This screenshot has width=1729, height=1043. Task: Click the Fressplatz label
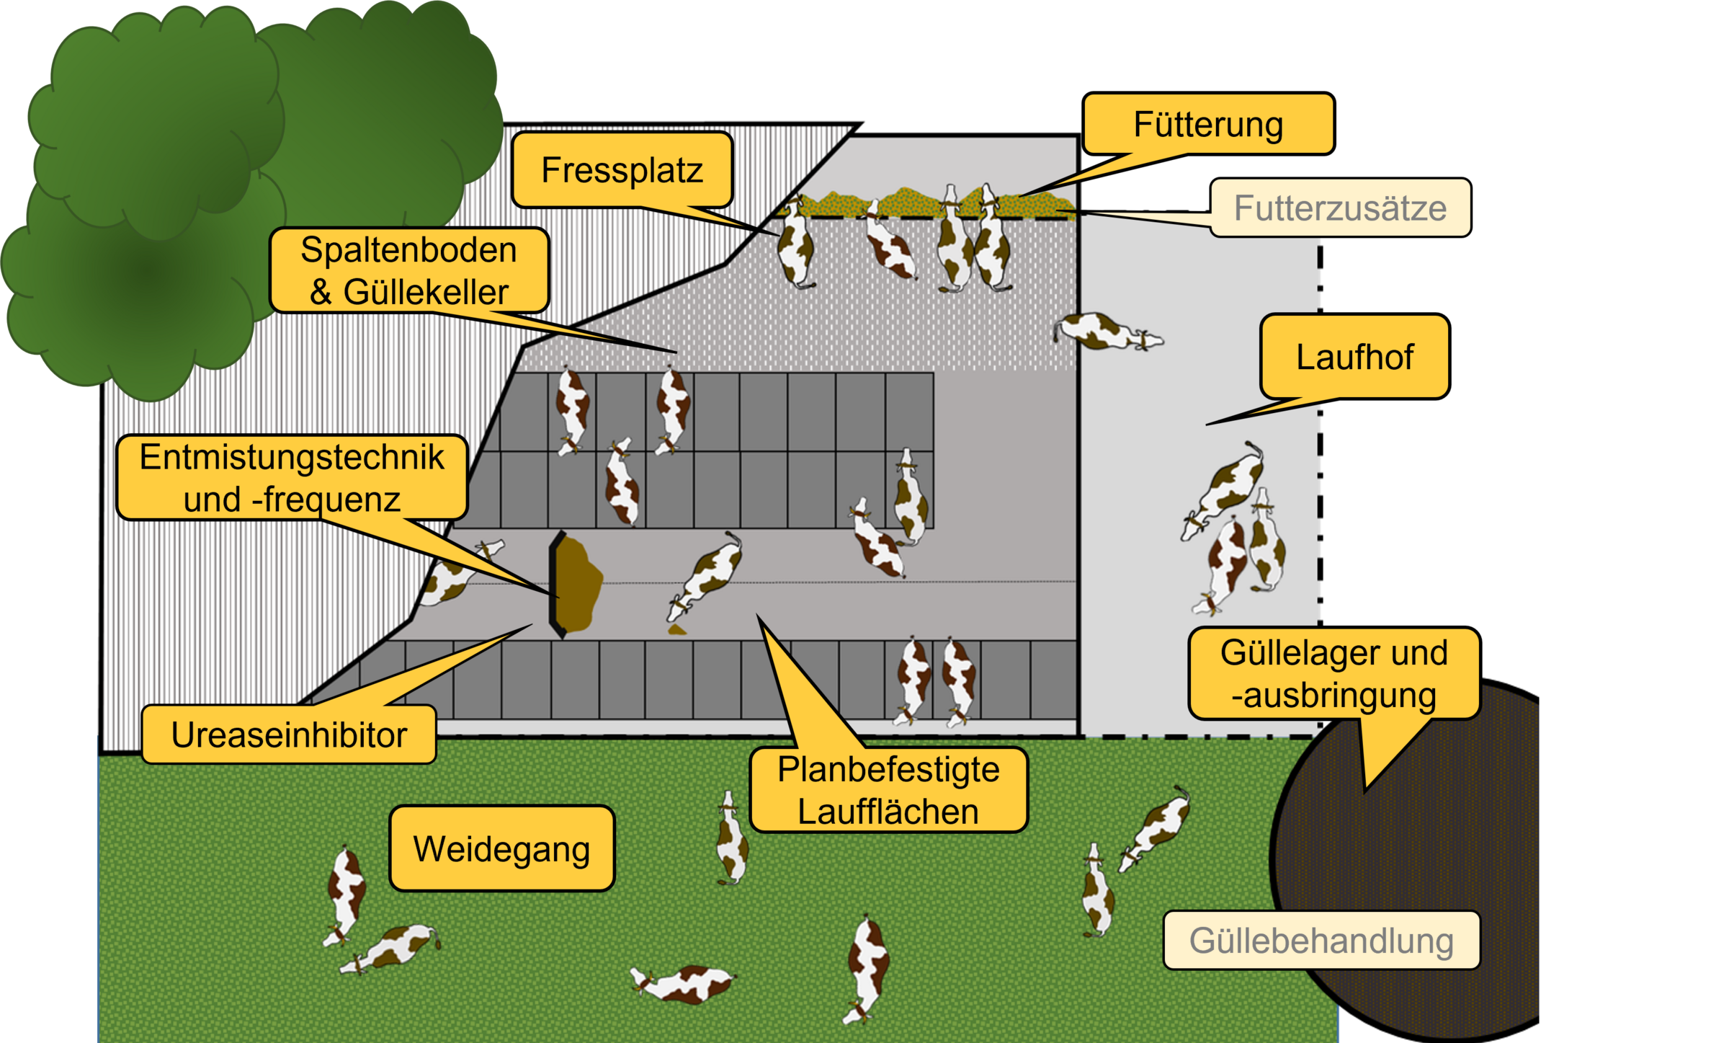(622, 170)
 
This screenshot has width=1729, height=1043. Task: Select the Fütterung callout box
(1208, 124)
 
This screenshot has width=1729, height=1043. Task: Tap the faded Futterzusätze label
(1340, 208)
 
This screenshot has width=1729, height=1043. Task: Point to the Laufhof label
(1354, 357)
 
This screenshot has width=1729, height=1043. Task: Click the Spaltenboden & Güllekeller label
(408, 270)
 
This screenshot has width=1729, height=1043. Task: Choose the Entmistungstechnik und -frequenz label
(292, 477)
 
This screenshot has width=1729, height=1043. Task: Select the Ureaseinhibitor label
(289, 734)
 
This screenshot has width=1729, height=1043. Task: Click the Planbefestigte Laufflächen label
(888, 790)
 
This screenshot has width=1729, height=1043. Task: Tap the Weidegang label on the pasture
(501, 848)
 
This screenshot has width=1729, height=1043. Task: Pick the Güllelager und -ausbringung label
(1333, 674)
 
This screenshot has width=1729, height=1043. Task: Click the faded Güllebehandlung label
(1321, 940)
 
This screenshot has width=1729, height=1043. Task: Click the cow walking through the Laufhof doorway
(1107, 332)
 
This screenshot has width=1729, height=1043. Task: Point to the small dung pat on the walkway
(676, 630)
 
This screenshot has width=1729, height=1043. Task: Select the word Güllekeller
(426, 292)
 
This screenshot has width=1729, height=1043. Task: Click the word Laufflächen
(888, 812)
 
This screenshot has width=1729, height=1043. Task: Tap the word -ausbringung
(1333, 696)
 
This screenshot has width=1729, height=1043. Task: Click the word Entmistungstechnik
(292, 457)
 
